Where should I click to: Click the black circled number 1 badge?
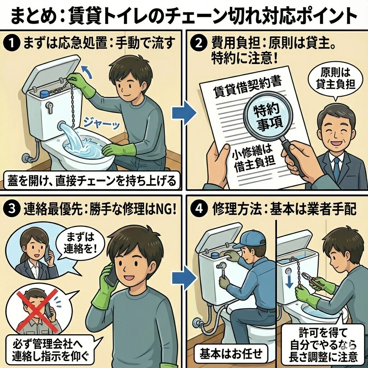click(11, 44)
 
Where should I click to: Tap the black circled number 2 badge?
click(198, 44)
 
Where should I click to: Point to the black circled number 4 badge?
click(199, 209)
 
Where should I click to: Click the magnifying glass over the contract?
click(275, 127)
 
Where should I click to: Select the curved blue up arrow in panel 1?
click(87, 72)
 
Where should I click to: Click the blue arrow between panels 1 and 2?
click(184, 113)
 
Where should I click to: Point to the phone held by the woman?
click(47, 253)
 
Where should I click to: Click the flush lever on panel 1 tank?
click(49, 107)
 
